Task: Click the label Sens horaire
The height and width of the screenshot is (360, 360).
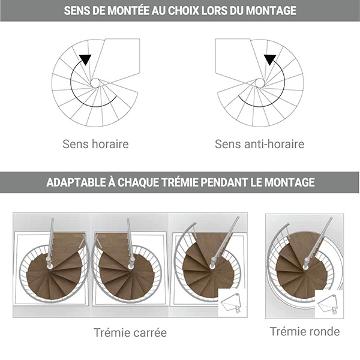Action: pos(95,144)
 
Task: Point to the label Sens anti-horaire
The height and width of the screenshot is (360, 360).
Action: pos(260,144)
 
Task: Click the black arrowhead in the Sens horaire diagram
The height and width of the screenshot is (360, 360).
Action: pos(86,59)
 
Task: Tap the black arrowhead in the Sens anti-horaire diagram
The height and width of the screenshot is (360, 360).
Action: pos(269,59)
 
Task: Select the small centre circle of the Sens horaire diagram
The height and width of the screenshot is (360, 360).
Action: pos(95,82)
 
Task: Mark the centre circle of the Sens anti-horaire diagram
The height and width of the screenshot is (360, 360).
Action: pos(260,82)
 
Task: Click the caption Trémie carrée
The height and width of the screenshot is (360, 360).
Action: pos(130,332)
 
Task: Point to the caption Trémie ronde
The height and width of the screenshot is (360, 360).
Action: pos(304,331)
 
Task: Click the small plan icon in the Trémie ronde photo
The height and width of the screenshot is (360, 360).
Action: pos(329,303)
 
